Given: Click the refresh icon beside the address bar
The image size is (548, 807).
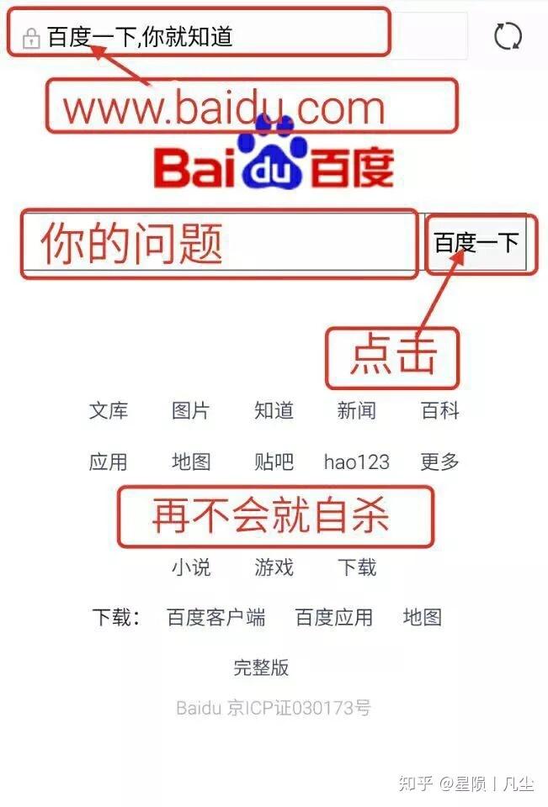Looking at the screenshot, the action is [508, 36].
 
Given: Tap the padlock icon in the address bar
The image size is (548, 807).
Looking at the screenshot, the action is [31, 39].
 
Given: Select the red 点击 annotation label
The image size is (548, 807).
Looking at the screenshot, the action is [393, 357].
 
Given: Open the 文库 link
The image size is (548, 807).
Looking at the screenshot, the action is [109, 411].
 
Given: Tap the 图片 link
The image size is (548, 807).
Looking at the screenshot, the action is [191, 411].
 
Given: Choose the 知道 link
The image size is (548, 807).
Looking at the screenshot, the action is [274, 411].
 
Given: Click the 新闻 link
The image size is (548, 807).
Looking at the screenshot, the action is [356, 411].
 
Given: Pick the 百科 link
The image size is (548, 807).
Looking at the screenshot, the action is [439, 411].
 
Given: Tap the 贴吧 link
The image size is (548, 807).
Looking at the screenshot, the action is [274, 462].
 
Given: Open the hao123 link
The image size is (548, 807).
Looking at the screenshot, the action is [356, 462].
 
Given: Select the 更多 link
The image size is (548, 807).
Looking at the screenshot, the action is [439, 462].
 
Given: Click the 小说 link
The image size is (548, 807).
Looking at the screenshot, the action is [191, 567].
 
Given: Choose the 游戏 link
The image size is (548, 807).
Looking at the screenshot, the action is [274, 567].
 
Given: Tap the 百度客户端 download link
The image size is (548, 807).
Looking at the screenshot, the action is [216, 618].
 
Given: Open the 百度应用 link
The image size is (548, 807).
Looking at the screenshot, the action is [333, 618].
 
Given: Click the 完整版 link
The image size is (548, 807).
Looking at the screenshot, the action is [261, 667].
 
